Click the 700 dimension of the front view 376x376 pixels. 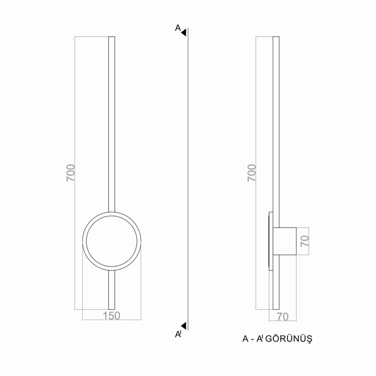[x=71, y=173]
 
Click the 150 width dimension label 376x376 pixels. [x=112, y=316]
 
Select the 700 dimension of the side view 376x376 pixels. [x=252, y=173]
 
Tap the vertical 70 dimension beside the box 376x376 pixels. [x=305, y=241]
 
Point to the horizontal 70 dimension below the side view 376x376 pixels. [x=283, y=317]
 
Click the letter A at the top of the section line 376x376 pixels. [x=178, y=28]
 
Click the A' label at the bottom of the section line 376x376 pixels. [x=178, y=334]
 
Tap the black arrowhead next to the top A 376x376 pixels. [x=184, y=33]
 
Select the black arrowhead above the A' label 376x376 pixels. [x=184, y=326]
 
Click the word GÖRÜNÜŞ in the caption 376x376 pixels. [x=289, y=339]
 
